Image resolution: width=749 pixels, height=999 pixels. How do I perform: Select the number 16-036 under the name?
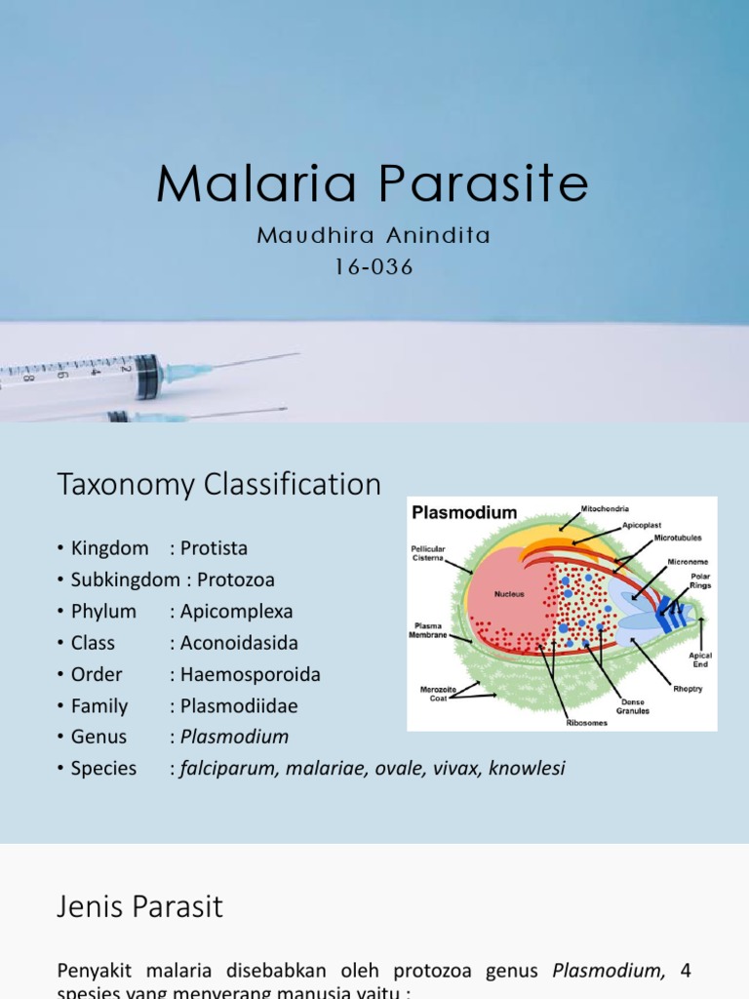tap(374, 267)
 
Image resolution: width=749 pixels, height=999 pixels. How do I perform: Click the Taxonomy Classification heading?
tap(219, 484)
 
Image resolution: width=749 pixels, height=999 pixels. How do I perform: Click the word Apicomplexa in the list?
tap(236, 612)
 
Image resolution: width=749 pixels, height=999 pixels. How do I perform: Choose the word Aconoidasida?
tap(239, 643)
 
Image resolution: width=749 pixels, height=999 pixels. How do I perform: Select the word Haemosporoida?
tap(250, 674)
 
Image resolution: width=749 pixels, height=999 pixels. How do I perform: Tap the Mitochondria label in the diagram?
tap(605, 508)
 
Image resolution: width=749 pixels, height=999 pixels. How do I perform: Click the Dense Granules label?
tap(635, 705)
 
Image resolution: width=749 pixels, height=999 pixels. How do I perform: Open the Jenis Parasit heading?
tap(139, 906)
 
